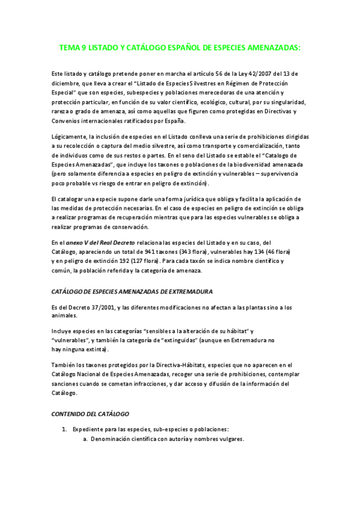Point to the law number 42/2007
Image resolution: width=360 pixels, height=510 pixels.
pyautogui.click(x=245, y=75)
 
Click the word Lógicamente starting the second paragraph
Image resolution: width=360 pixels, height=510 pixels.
pyautogui.click(x=69, y=138)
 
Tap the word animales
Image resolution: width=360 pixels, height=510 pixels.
pyautogui.click(x=64, y=316)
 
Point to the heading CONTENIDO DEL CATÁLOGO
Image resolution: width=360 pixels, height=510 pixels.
pyautogui.click(x=90, y=415)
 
